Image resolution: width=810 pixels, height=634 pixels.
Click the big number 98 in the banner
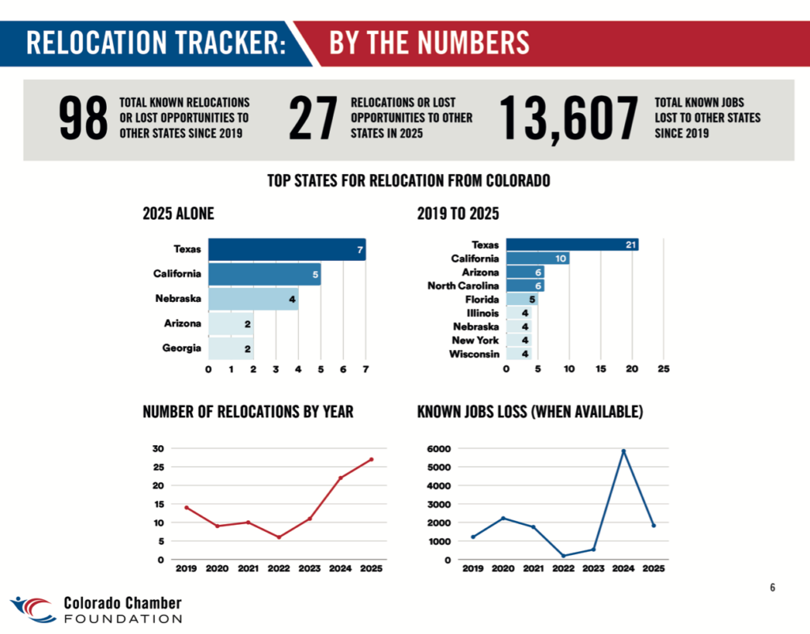coord(83,119)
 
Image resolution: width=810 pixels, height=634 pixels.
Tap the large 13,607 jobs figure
coord(568,119)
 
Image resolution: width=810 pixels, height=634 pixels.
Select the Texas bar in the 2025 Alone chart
coord(286,250)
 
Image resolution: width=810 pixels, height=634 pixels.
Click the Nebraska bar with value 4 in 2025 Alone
coord(253,300)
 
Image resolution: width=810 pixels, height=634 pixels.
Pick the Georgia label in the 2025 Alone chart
coord(182,348)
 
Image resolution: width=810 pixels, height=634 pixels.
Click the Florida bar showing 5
coord(522,300)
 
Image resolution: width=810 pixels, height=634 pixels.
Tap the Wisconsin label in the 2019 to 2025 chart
coord(474,353)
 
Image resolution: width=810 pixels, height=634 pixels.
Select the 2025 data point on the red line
coord(371,459)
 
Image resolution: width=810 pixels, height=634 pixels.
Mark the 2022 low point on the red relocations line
coord(278,538)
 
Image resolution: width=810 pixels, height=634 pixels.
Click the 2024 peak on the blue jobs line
coord(623,451)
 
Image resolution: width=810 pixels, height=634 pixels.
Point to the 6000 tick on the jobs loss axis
coord(440,449)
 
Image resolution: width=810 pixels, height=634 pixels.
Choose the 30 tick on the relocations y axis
coord(157,449)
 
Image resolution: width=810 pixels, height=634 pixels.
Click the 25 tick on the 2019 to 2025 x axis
coord(664,369)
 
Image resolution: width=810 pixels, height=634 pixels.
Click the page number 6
coord(773,587)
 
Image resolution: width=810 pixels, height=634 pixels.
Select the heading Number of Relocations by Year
coord(248,412)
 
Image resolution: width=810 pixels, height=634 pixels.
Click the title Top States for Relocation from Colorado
coord(409,181)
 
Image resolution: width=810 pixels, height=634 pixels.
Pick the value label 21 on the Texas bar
coord(630,245)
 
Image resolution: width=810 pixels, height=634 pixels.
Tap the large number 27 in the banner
coord(313,119)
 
